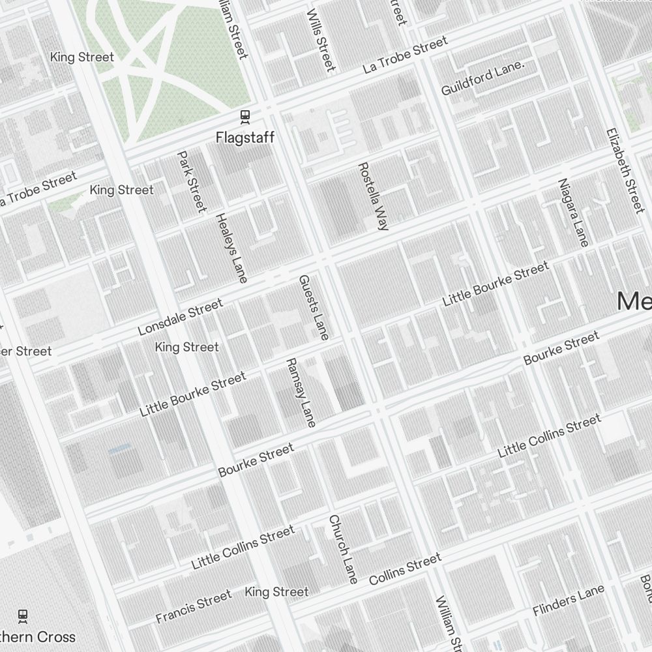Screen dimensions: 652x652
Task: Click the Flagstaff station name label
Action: point(245,138)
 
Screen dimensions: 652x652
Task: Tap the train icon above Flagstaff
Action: point(245,117)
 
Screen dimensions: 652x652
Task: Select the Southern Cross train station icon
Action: point(23,615)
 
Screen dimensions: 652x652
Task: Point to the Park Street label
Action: point(192,181)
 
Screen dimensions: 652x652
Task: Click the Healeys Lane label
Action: point(231,247)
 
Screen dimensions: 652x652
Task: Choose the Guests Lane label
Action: point(314,306)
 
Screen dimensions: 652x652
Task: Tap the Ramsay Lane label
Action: point(301,393)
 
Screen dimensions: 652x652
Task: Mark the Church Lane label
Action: point(343,548)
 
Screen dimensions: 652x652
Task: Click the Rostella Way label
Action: point(373,196)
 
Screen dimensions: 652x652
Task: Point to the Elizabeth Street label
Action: point(625,170)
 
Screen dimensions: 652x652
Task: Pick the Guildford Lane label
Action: point(482,79)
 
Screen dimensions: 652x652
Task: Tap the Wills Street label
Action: point(321,40)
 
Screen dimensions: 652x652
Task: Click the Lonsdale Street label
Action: point(181,317)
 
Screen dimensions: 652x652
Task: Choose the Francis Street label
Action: point(194,606)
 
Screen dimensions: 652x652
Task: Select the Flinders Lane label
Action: point(569,600)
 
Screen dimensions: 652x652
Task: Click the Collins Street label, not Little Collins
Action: point(405,569)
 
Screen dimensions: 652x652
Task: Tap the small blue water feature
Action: point(119,449)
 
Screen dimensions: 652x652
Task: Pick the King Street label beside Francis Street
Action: point(276,592)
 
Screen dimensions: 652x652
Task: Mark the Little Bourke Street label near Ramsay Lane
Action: point(193,394)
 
